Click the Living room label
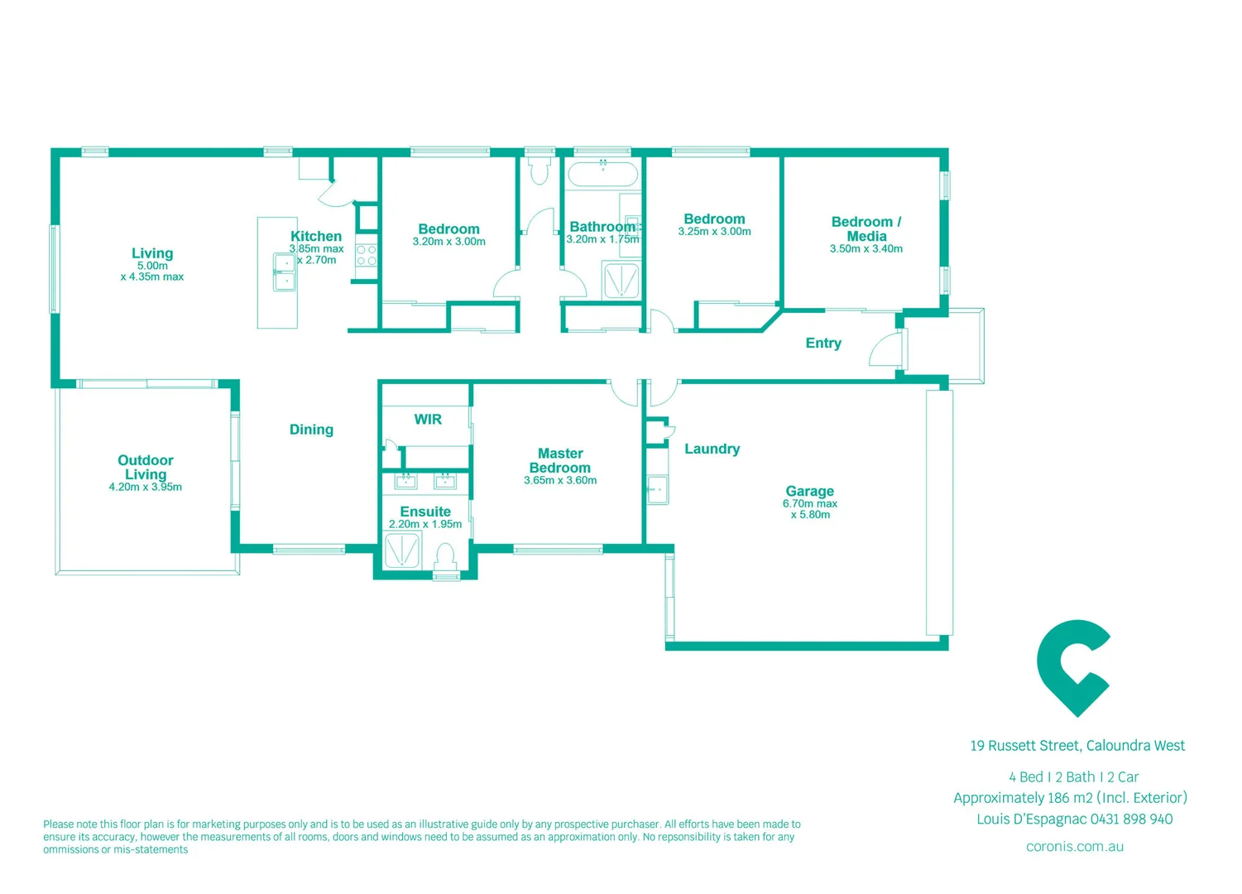152,253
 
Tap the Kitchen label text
316,236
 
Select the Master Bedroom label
560,460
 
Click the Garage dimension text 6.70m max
809,503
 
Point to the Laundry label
712,449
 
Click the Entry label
822,343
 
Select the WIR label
428,419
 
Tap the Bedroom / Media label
866,228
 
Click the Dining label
311,429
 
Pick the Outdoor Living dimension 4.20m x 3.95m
146,487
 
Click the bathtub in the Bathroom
602,175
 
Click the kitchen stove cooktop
366,255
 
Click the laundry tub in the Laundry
657,489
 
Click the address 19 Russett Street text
1077,746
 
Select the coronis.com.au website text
1074,846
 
